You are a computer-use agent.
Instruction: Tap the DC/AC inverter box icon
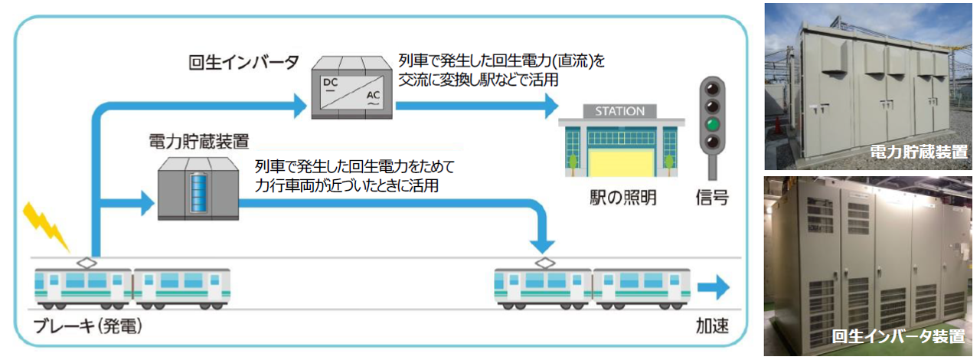pyautogui.click(x=352, y=90)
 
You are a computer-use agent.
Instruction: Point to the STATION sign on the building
pyautogui.click(x=619, y=111)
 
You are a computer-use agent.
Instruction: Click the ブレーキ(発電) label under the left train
pyautogui.click(x=89, y=327)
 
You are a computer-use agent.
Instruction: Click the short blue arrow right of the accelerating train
pyautogui.click(x=714, y=288)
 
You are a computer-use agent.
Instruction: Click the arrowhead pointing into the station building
pyautogui.click(x=549, y=107)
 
